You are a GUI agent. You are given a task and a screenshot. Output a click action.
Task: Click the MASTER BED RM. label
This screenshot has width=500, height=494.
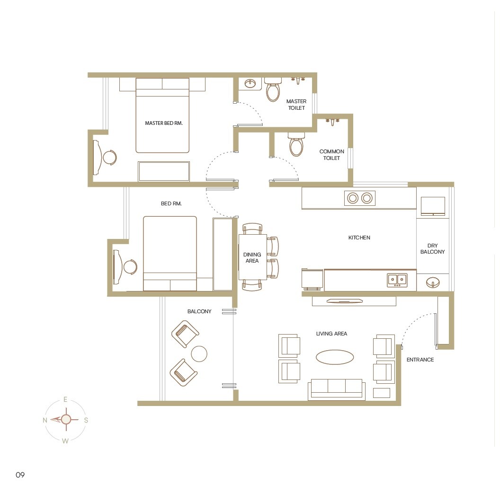pos(163,123)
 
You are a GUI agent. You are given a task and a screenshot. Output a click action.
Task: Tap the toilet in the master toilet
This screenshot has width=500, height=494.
pos(273,91)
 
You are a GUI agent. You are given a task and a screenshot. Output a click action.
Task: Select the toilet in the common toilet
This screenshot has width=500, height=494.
pos(296,145)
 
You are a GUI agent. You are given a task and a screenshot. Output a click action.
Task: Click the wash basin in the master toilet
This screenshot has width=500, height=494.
pos(250,84)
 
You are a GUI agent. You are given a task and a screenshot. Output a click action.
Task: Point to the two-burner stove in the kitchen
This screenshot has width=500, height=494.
pos(359,198)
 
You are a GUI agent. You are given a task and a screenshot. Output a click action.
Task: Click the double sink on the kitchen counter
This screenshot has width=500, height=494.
pos(397,280)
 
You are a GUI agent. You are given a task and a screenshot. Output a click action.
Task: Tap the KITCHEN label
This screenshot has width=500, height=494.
pos(359,238)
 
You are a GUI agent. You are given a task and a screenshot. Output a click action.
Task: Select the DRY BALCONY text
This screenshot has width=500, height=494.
pos(432,249)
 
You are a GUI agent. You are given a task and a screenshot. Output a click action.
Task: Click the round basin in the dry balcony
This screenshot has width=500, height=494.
pos(432,283)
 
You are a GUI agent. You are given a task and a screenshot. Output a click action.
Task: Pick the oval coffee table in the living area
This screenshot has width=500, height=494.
pos(335,357)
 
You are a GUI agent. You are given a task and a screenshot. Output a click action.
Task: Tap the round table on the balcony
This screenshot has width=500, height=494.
pos(199,353)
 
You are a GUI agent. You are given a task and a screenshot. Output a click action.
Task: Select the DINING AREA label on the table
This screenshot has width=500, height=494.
pos(252,258)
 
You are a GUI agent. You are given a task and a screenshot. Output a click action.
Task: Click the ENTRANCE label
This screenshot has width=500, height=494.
pos(420,360)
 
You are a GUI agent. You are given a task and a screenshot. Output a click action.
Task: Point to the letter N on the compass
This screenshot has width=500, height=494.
pos(45,420)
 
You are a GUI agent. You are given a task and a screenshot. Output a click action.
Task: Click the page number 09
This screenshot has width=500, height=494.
pos(20,475)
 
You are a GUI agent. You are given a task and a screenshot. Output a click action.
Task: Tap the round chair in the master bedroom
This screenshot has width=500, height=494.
pos(110,157)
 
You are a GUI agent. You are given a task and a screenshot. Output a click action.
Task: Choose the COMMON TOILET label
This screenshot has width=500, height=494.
pos(331,155)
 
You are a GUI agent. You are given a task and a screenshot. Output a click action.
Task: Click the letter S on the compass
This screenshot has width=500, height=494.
pos(86,420)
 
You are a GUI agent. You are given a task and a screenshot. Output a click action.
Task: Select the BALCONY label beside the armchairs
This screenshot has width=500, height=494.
pos(199,311)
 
